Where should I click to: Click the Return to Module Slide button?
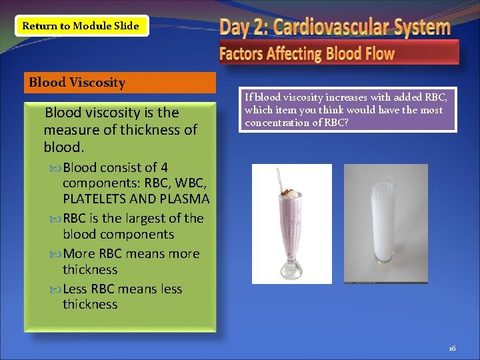(x=81, y=26)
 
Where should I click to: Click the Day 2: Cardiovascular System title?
(x=335, y=27)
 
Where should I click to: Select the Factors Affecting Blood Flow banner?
(x=339, y=53)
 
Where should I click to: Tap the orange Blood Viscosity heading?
(x=120, y=83)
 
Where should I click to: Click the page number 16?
(x=451, y=348)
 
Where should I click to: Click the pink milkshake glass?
(x=292, y=220)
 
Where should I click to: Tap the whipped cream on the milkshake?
(x=288, y=194)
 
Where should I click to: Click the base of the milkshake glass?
(x=292, y=273)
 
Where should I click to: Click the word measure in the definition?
(x=68, y=129)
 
